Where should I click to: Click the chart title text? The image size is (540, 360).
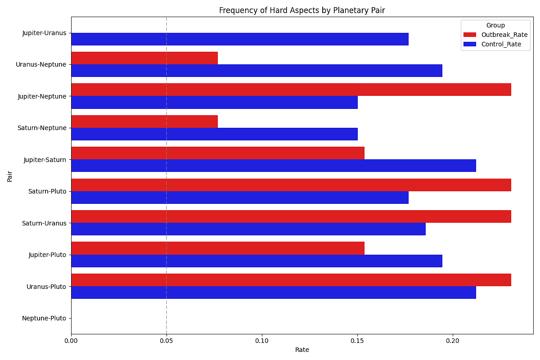[x=302, y=10]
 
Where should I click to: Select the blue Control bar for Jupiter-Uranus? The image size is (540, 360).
[x=239, y=39]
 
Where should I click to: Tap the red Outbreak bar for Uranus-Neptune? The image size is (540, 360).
[x=144, y=58]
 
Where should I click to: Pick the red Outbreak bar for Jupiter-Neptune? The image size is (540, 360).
[x=291, y=90]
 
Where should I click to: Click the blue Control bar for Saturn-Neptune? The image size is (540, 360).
[x=214, y=134]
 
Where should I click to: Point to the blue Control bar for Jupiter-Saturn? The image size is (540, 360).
[x=273, y=166]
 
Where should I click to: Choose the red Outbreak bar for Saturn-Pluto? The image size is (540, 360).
[x=291, y=185]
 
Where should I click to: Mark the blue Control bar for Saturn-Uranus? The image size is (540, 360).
[x=248, y=229]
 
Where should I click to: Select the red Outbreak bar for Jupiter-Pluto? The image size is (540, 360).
[x=217, y=248]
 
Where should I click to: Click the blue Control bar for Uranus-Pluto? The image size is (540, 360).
[x=273, y=292]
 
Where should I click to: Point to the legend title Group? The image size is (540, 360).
[x=495, y=25]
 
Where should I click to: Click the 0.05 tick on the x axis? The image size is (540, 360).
[x=166, y=341]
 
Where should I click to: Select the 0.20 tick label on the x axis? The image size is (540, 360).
[x=453, y=341]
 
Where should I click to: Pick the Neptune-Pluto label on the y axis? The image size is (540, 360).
[x=44, y=319]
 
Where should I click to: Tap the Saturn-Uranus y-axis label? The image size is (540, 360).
[x=44, y=223]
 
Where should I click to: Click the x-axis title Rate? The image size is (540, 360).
[x=302, y=350]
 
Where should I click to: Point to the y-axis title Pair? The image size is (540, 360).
[x=10, y=176]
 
